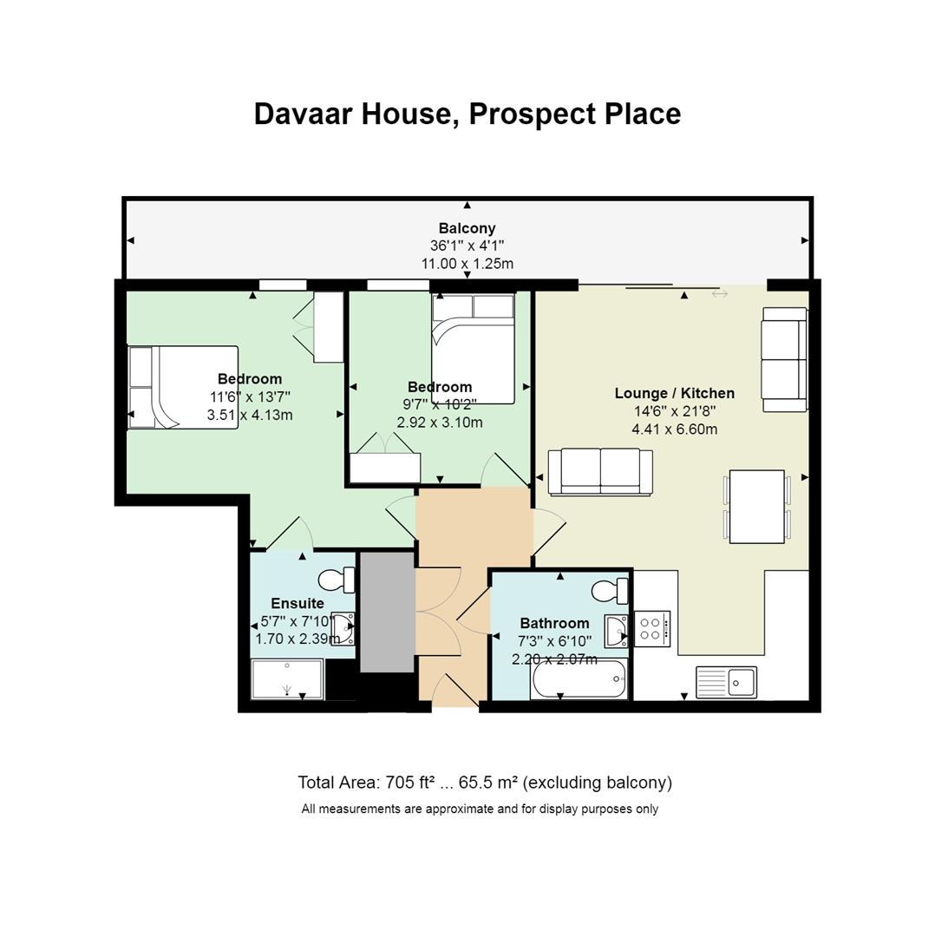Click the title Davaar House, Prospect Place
coord(467,114)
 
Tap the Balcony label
coord(467,229)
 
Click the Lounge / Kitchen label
coord(674,393)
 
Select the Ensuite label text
coord(297,603)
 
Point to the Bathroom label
coord(554,623)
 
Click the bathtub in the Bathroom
coord(579,678)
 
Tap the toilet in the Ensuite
coord(337,580)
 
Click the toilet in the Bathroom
coord(610,592)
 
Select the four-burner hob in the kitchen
coord(652,629)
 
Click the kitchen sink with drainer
coord(726,682)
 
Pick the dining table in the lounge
coord(756,506)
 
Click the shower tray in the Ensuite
coord(287,679)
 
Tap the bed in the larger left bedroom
coord(183,387)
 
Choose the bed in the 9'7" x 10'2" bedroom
coord(473,349)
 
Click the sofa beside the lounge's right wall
coord(784,359)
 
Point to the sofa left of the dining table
coord(600,472)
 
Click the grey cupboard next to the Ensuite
coord(387,611)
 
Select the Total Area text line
coord(484,783)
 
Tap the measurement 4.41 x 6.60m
coord(674,429)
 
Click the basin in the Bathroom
coord(618,631)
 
